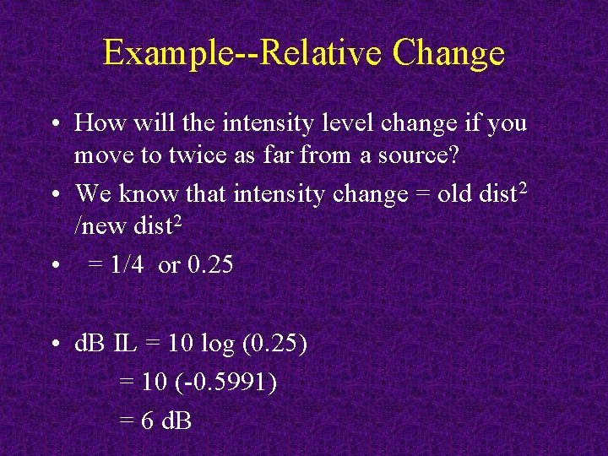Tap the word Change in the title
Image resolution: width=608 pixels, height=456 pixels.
[448, 52]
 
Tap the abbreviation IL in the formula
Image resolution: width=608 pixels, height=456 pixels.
[124, 345]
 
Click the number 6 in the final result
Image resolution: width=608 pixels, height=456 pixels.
[147, 420]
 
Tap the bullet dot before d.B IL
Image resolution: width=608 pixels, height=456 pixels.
[54, 345]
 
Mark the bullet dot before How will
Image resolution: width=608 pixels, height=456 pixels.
[54, 123]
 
